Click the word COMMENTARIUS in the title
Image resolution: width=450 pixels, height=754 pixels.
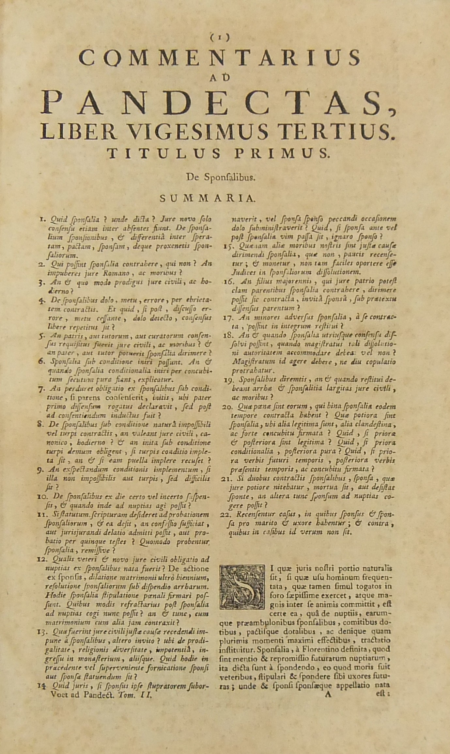pyautogui.click(x=220, y=58)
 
